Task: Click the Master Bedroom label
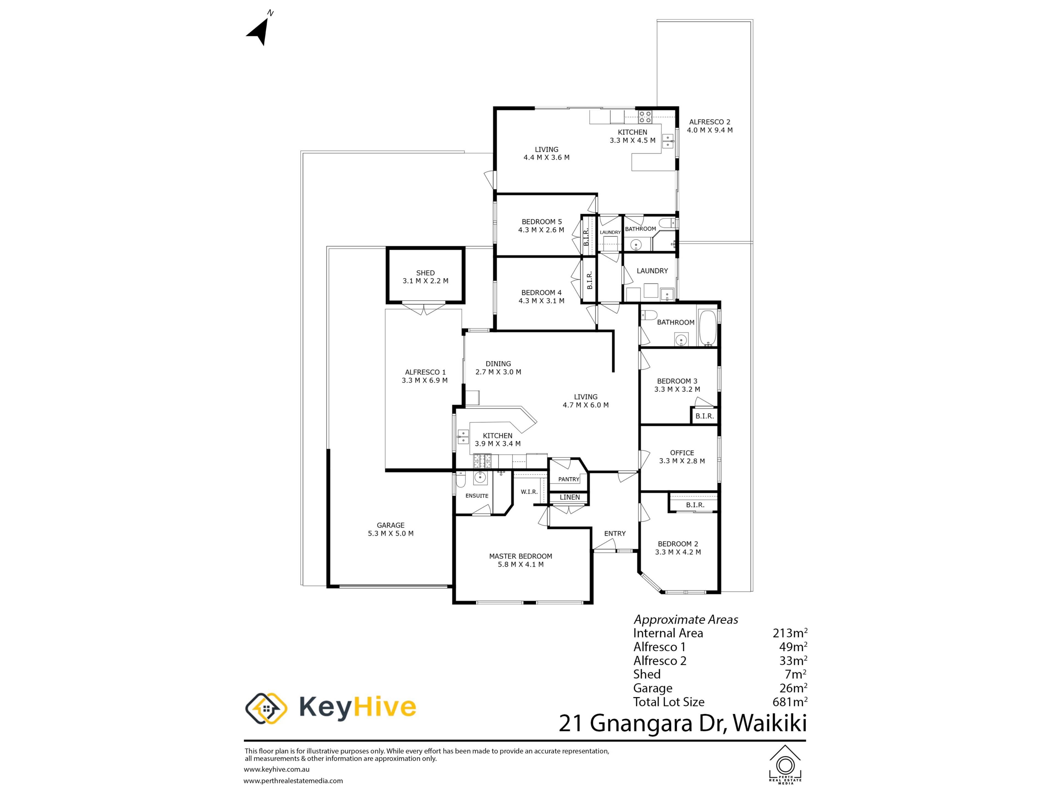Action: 520,556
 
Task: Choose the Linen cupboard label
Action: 570,497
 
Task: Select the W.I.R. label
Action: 529,492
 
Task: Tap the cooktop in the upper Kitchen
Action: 645,117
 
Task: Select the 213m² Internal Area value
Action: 790,633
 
